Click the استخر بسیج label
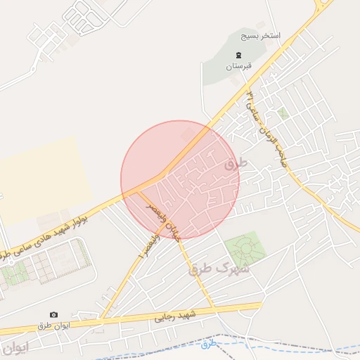pos(260,35)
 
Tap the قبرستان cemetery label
pos(238,67)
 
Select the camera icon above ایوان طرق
pos(53,314)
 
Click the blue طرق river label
pos(209,344)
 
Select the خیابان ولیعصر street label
pos(163,221)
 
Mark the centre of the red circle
pos(180,179)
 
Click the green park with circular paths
pos(243,250)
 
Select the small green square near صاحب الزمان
pos(283,112)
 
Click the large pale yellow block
pos(42,173)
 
